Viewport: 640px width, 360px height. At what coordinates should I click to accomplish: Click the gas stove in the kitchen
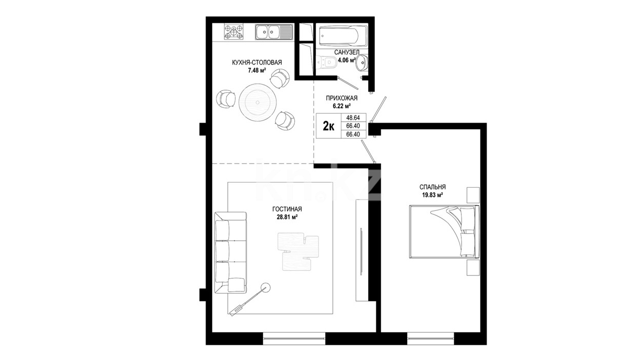pyautogui.click(x=234, y=32)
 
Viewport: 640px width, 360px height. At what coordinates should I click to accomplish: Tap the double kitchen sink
pyautogui.click(x=274, y=32)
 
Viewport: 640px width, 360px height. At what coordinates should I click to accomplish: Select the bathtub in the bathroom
pyautogui.click(x=343, y=36)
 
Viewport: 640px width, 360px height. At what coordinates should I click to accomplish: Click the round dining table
pyautogui.click(x=258, y=102)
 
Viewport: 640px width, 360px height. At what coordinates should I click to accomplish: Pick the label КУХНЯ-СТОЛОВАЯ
pyautogui.click(x=257, y=63)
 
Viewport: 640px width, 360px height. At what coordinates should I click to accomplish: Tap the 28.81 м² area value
pyautogui.click(x=287, y=217)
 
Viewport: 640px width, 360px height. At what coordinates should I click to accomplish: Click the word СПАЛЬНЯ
pyautogui.click(x=433, y=187)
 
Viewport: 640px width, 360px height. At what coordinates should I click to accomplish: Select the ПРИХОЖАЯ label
pyautogui.click(x=342, y=98)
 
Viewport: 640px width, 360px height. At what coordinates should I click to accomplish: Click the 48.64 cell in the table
pyautogui.click(x=353, y=117)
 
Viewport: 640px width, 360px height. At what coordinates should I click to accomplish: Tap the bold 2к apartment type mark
pyautogui.click(x=329, y=126)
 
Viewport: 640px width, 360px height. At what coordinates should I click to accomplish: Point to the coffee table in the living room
pyautogui.click(x=298, y=251)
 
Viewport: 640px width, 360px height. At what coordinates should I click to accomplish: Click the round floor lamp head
pyautogui.click(x=265, y=287)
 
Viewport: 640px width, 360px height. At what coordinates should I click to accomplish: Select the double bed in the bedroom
pyautogui.click(x=444, y=232)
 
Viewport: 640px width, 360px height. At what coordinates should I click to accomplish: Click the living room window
pyautogui.click(x=294, y=338)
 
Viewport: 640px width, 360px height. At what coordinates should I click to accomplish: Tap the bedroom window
pyautogui.click(x=431, y=338)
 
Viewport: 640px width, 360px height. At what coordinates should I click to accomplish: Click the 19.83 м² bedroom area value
pyautogui.click(x=433, y=195)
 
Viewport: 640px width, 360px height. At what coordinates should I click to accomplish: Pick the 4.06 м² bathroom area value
pyautogui.click(x=347, y=61)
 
